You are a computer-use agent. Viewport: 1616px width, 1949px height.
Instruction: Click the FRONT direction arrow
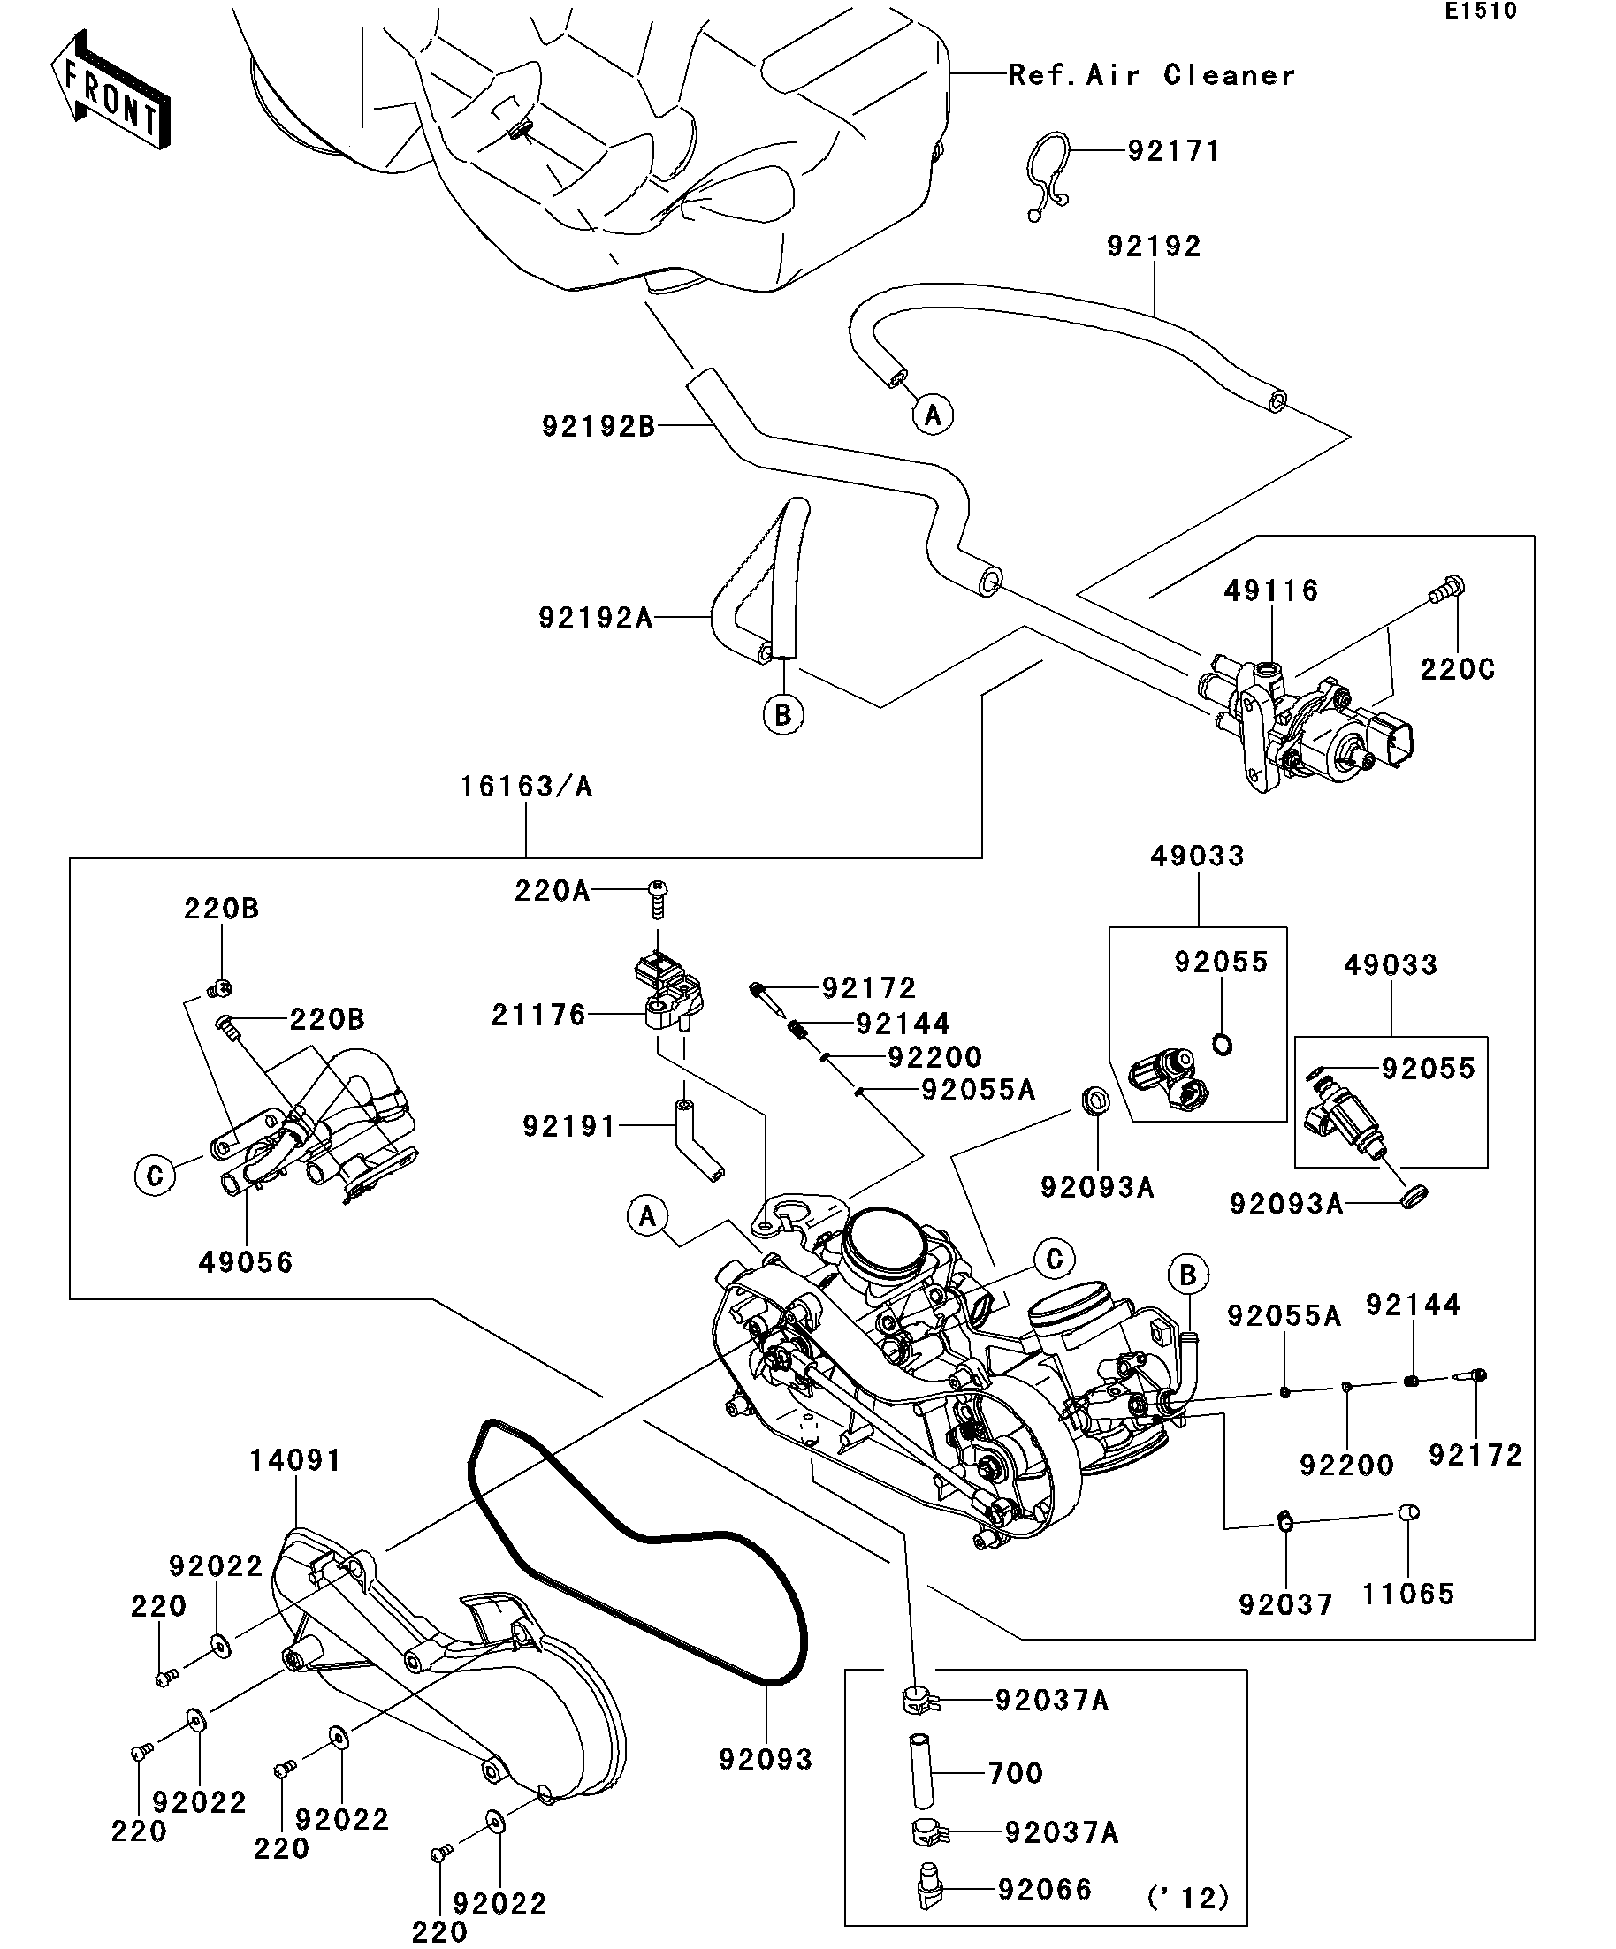(x=110, y=91)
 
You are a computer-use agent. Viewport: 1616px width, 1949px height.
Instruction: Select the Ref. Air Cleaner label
(x=1151, y=75)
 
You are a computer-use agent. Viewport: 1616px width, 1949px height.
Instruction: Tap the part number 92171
(x=1173, y=151)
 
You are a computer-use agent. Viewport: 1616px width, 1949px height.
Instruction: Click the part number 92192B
(x=598, y=427)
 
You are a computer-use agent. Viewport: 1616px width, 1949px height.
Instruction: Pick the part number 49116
(x=1270, y=591)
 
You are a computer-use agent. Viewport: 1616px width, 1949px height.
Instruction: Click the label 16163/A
(x=526, y=787)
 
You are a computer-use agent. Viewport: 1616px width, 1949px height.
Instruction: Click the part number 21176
(x=538, y=1016)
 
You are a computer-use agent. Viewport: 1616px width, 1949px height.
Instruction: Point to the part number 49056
(x=245, y=1262)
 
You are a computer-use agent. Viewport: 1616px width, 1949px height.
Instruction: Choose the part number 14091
(x=295, y=1461)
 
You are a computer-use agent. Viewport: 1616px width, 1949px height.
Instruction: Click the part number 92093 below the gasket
(x=766, y=1760)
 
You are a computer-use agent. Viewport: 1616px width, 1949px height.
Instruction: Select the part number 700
(x=1016, y=1774)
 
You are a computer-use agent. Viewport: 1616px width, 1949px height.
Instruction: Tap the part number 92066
(x=1045, y=1890)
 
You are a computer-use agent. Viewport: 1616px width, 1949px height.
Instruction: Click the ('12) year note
(x=1188, y=1898)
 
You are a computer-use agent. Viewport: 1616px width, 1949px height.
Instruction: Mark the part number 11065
(x=1407, y=1595)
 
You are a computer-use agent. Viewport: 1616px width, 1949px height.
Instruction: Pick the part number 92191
(x=569, y=1127)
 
